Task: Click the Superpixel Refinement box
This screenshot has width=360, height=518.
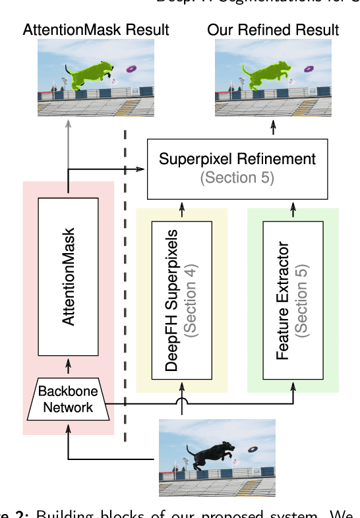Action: click(x=237, y=169)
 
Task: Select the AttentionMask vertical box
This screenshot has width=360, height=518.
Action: click(x=68, y=276)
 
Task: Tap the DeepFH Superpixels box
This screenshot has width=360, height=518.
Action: click(x=181, y=301)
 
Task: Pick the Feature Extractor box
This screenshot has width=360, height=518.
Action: click(x=293, y=301)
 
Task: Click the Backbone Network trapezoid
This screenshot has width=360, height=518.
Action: click(x=69, y=399)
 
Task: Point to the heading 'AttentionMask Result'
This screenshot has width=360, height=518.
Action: click(x=96, y=30)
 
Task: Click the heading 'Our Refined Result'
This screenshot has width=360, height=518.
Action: click(x=273, y=30)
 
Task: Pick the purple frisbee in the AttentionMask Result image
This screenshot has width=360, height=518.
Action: click(x=132, y=69)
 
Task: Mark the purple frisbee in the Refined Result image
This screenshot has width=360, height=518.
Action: click(x=309, y=69)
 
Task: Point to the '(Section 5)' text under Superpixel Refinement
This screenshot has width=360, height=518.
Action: click(x=237, y=178)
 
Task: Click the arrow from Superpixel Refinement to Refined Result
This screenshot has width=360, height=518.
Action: click(x=272, y=129)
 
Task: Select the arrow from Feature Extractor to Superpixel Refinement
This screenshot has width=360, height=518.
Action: click(x=293, y=210)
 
